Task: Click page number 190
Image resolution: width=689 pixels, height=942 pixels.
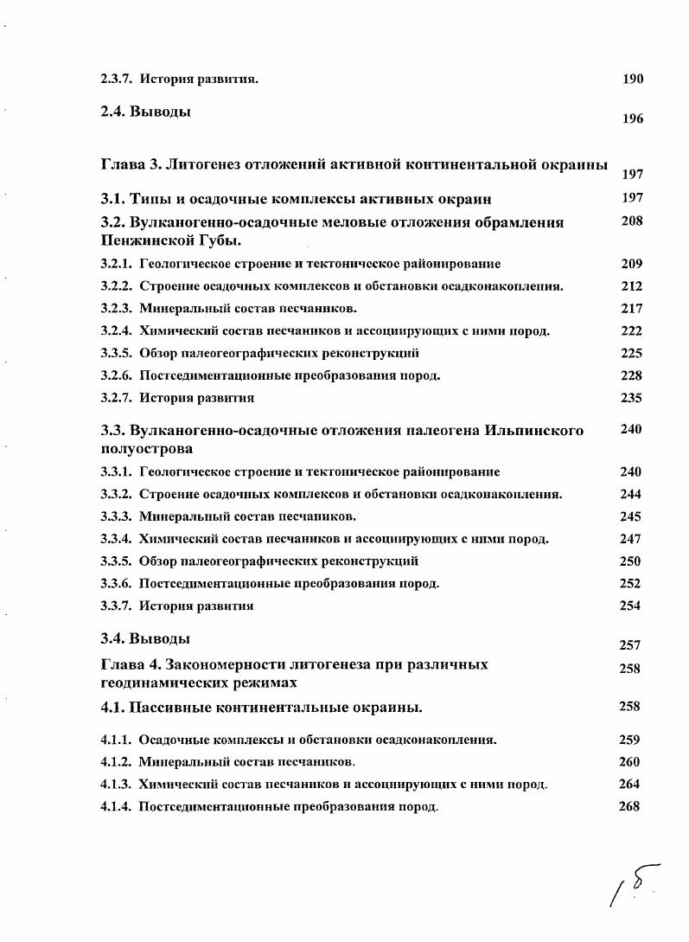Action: point(633,80)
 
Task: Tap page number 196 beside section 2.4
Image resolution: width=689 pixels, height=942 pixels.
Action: point(633,119)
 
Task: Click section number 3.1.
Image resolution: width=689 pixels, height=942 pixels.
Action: point(113,199)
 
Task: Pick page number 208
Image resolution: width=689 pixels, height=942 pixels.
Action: point(632,221)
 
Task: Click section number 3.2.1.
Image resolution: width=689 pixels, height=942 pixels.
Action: point(116,264)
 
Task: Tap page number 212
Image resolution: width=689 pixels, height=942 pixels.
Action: point(631,286)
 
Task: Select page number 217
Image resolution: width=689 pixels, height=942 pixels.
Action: point(631,309)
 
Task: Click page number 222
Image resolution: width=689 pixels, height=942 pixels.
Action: point(631,331)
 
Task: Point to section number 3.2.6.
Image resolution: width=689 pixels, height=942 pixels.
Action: point(116,376)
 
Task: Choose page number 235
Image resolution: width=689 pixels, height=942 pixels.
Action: point(631,399)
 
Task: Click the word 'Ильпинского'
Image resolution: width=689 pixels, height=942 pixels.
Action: point(534,431)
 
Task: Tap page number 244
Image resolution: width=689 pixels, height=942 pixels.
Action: point(631,495)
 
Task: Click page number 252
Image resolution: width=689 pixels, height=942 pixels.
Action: point(631,584)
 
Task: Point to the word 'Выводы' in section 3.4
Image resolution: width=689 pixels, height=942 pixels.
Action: point(160,640)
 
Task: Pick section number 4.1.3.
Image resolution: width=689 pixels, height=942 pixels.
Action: point(116,785)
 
